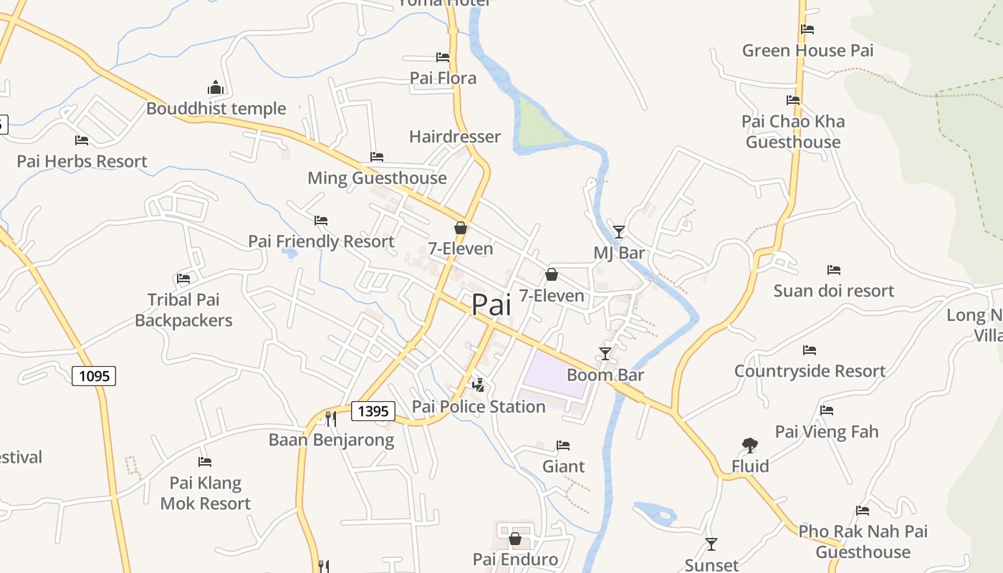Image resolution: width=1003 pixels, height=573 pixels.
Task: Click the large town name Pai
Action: click(x=491, y=305)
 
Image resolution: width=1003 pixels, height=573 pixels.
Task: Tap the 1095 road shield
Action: click(x=94, y=375)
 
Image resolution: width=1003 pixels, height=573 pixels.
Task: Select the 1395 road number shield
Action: click(x=373, y=410)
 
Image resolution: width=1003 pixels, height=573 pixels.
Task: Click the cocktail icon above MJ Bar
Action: click(x=619, y=231)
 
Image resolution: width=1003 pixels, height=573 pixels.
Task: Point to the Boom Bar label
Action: click(x=605, y=375)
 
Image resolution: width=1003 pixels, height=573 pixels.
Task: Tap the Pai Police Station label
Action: click(x=479, y=406)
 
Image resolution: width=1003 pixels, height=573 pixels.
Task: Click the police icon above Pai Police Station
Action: click(x=479, y=385)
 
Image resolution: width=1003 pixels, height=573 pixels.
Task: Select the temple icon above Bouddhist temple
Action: click(x=216, y=88)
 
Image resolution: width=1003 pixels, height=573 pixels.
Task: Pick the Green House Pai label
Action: click(x=807, y=50)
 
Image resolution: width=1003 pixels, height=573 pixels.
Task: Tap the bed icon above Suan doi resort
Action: click(x=834, y=270)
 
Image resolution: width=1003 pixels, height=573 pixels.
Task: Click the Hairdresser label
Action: click(x=455, y=136)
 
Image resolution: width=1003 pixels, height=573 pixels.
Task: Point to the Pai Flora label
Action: click(x=443, y=77)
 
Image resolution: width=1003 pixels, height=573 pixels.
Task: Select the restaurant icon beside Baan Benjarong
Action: click(x=331, y=418)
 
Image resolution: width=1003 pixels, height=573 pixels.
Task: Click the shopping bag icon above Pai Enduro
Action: click(x=514, y=539)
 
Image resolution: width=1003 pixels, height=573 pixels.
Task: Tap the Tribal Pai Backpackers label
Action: click(x=183, y=309)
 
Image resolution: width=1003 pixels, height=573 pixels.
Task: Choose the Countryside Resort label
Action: click(x=810, y=370)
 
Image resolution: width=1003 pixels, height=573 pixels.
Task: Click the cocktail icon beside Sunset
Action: click(x=711, y=544)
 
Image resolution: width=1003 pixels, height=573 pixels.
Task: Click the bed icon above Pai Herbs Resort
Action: click(x=82, y=140)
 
